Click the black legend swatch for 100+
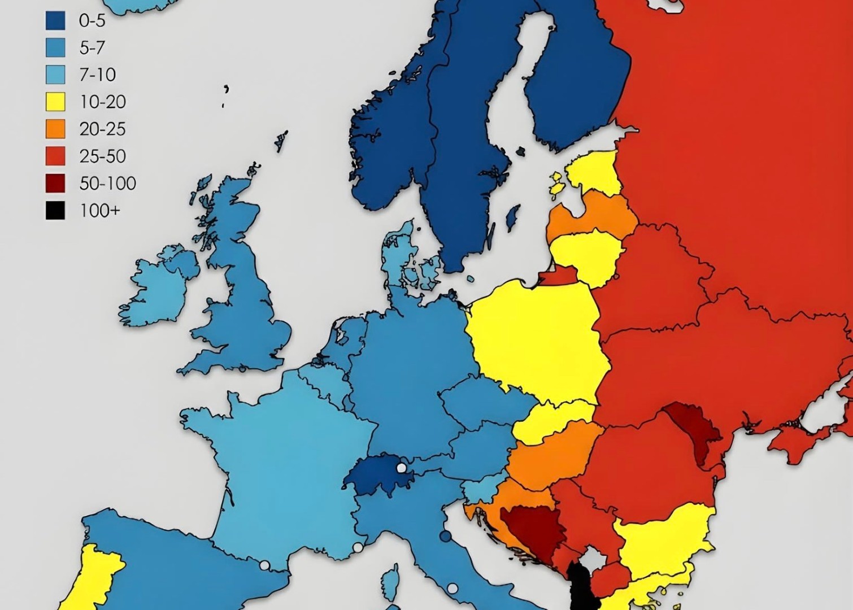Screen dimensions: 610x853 click(55, 211)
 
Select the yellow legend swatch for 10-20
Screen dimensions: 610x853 click(55, 102)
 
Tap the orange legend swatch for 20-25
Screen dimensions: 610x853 click(55, 129)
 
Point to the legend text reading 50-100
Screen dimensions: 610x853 click(107, 184)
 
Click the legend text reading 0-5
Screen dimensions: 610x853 click(92, 21)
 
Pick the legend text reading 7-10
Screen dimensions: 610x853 click(97, 75)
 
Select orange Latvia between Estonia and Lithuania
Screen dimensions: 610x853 click(593, 215)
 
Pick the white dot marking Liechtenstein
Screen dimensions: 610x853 click(402, 468)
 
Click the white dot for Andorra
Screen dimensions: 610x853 click(264, 565)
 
